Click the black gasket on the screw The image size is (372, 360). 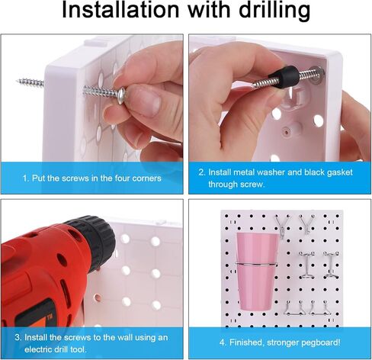tap(287, 76)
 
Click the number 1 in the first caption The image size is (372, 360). tap(24, 178)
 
